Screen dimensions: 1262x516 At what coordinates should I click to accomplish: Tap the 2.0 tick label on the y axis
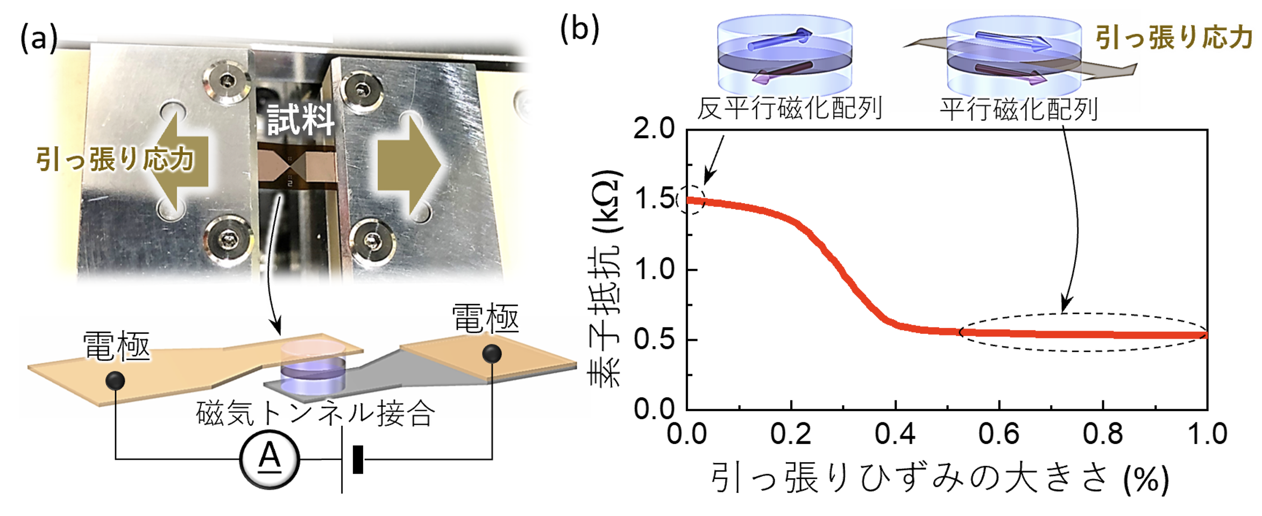tap(653, 129)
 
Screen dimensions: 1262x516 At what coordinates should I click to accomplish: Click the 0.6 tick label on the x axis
tap(998, 434)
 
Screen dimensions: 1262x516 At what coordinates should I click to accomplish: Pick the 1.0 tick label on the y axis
tap(654, 269)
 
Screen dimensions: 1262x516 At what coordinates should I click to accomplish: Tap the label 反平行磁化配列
tap(789, 109)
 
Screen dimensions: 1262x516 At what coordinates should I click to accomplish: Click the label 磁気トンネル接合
tap(315, 414)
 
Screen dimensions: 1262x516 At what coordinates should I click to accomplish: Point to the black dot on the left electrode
tap(115, 381)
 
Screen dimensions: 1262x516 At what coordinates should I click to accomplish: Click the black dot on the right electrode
tap(492, 354)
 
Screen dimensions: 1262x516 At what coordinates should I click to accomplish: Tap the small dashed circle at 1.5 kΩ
tap(691, 200)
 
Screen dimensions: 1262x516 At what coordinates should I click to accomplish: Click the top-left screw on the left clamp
tap(226, 82)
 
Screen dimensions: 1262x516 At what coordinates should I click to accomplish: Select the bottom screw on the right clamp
tap(372, 241)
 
